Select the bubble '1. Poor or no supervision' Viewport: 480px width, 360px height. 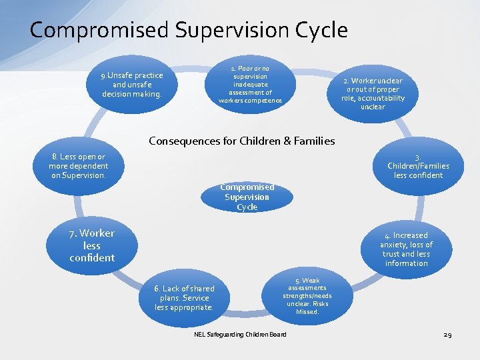[250, 85]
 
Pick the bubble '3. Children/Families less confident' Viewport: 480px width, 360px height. [418, 167]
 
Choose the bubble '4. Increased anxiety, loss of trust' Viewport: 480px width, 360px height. [406, 249]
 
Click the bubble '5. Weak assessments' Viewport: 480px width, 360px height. [307, 296]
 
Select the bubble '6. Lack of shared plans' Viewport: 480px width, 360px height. [184, 298]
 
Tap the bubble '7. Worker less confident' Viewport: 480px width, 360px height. [92, 245]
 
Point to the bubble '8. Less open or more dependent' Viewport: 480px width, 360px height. [78, 166]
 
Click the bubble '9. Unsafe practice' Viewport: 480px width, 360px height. [132, 85]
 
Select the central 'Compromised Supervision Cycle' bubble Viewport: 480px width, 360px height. [247, 197]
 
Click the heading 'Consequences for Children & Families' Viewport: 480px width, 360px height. [241, 141]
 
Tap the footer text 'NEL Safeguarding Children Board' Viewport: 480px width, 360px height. [240, 334]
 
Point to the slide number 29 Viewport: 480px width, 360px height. [447, 334]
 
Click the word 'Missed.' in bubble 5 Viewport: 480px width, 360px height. [307, 311]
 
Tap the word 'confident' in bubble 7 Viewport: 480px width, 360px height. [92, 257]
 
